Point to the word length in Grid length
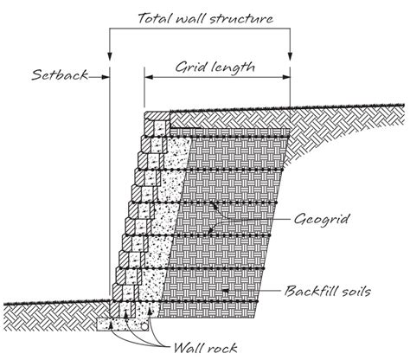click(236, 66)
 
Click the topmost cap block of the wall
click(157, 114)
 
